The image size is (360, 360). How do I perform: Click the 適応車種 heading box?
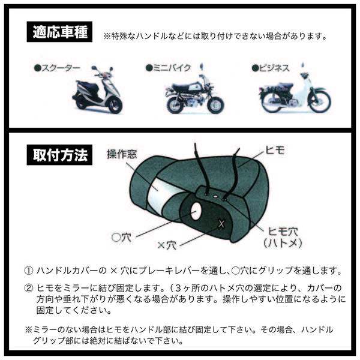click(x=59, y=32)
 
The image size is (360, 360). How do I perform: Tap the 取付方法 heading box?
click(x=59, y=155)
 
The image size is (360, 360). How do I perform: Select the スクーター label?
click(x=57, y=68)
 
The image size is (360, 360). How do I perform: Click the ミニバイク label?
click(x=168, y=68)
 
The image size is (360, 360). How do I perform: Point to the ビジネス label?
click(x=271, y=68)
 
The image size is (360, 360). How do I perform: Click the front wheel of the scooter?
click(x=115, y=105)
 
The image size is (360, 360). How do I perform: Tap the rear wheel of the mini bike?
click(x=176, y=104)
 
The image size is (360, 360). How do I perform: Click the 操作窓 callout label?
click(x=122, y=154)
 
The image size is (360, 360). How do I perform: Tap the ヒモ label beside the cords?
click(x=275, y=150)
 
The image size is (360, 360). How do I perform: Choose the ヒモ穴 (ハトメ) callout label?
click(x=283, y=237)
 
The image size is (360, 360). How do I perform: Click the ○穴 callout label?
click(x=121, y=237)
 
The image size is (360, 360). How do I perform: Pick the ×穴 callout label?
click(x=167, y=245)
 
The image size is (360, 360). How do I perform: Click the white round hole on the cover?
click(x=196, y=211)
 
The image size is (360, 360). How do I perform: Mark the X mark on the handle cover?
click(x=221, y=224)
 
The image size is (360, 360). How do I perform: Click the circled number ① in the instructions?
click(x=29, y=271)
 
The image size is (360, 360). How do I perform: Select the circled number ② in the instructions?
click(x=29, y=288)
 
